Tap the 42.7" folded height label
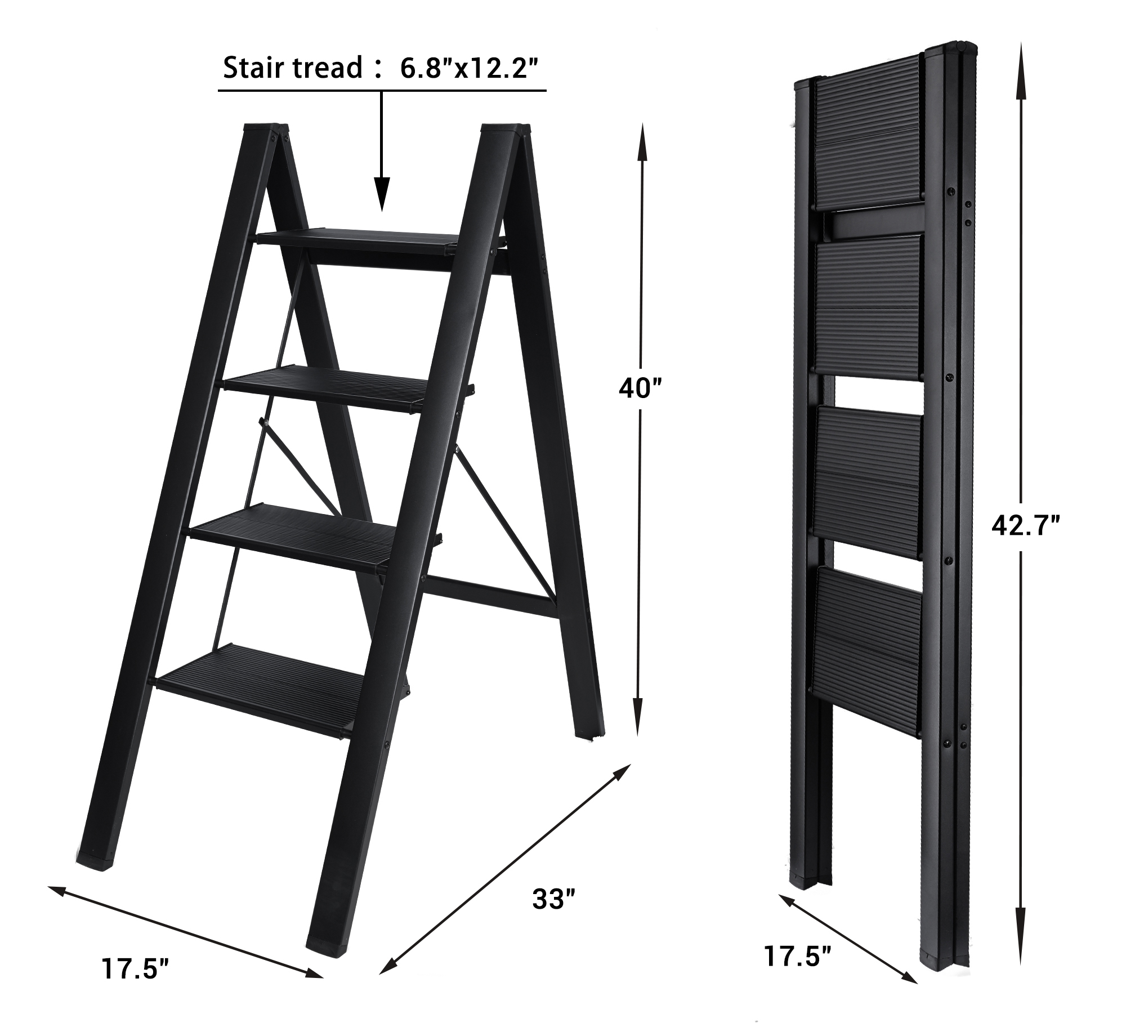tap(1026, 526)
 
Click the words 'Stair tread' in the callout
tap(293, 68)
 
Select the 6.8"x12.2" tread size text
tap(466, 68)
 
